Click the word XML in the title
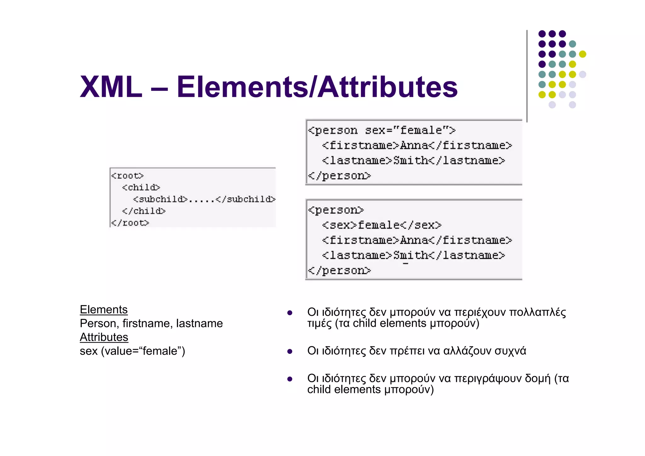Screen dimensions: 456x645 [111, 87]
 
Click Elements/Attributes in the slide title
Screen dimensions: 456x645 [317, 87]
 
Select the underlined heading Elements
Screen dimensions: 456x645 [104, 309]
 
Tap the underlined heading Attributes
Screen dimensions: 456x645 [104, 337]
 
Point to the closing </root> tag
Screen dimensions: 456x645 [130, 223]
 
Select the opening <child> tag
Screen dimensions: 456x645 [141, 188]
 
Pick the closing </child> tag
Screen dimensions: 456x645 [144, 211]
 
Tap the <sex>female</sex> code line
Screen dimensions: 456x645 [381, 225]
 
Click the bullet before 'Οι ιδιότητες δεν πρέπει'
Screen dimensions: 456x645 [290, 351]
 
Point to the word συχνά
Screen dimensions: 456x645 [510, 351]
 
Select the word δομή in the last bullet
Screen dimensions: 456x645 [538, 378]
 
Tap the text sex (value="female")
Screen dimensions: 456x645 [132, 351]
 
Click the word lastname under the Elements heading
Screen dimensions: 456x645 [199, 323]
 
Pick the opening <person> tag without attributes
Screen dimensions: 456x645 [336, 210]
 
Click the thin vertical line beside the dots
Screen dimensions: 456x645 [527, 76]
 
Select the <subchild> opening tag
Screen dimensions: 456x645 [160, 199]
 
